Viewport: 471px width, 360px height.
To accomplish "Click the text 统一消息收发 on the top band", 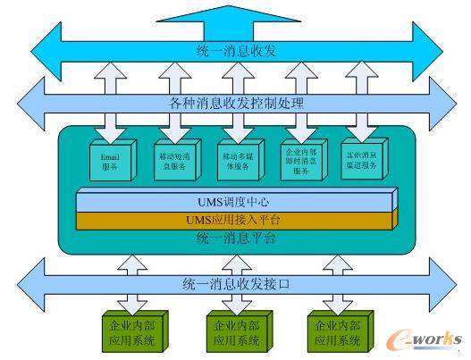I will click(235, 50).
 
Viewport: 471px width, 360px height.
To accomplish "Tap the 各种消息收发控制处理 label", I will click(235, 103).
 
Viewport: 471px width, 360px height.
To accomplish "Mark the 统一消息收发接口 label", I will click(235, 283).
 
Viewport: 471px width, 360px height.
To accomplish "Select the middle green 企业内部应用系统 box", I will click(236, 332).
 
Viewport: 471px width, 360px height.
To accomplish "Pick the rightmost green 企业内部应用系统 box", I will click(336, 332).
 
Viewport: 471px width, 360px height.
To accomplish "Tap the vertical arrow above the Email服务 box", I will click(112, 77).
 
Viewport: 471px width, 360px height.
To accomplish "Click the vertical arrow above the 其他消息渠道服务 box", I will click(362, 77).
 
